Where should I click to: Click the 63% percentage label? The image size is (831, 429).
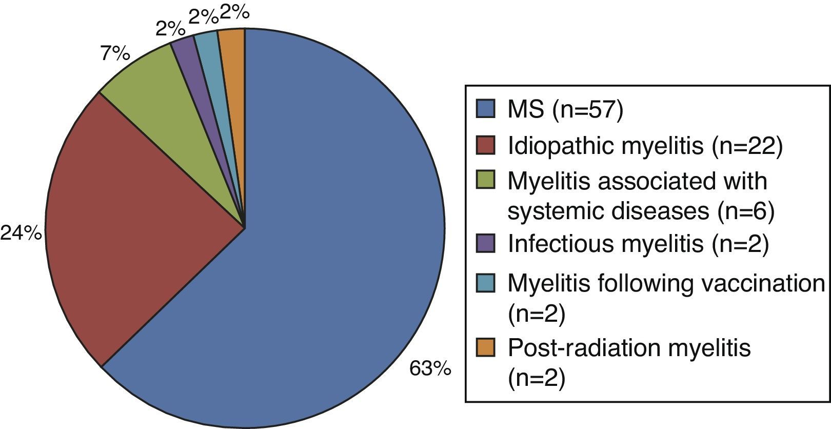point(430,369)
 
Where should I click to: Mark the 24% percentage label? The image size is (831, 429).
point(21,234)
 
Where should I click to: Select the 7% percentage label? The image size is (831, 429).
point(115,53)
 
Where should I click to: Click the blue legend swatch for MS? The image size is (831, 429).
point(485,110)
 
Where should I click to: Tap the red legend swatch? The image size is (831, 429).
point(485,145)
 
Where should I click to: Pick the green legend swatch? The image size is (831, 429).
point(485,180)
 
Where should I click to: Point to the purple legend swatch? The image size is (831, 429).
point(485,243)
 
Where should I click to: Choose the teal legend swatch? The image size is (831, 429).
point(485,283)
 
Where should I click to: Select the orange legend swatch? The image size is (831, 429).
point(485,347)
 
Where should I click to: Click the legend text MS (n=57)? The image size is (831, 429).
point(565,110)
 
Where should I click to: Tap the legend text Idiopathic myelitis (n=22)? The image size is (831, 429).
point(645,146)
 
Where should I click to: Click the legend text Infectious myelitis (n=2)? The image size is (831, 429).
point(638,244)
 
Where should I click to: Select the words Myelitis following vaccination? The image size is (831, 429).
point(666,283)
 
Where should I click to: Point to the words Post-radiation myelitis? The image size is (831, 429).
point(629,347)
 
